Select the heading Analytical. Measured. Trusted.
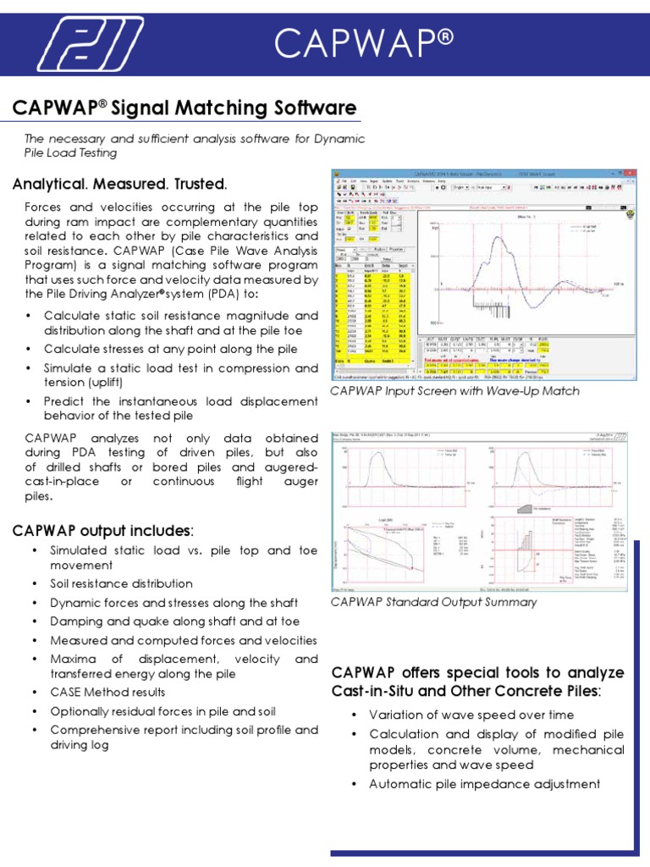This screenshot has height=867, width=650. point(119,184)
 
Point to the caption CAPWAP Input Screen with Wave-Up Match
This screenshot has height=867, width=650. point(455,391)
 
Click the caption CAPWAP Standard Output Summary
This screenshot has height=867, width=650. point(433,602)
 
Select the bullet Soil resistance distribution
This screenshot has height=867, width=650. point(121,583)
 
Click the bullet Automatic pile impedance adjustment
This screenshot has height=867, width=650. point(485,784)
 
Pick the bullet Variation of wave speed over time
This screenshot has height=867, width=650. point(471,715)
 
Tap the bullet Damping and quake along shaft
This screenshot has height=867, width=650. point(174,621)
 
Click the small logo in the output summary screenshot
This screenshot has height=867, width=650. point(622,437)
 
